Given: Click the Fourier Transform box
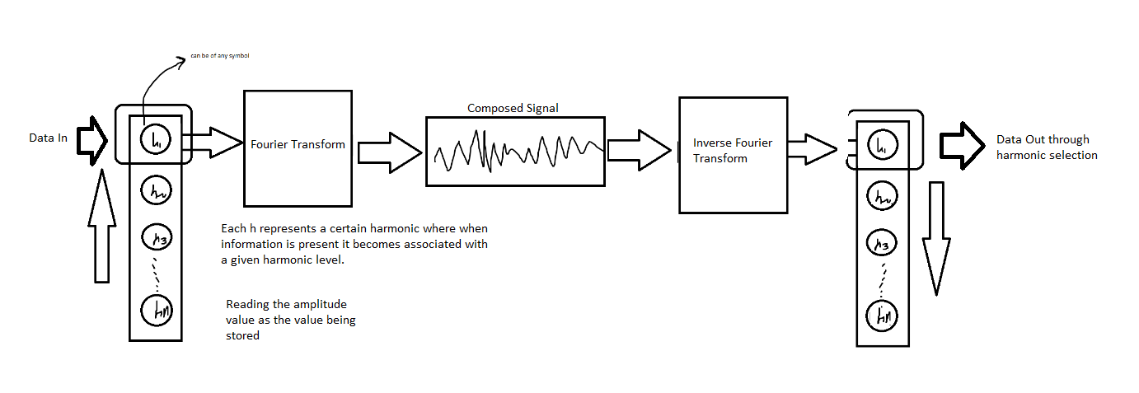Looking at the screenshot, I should coord(298,147).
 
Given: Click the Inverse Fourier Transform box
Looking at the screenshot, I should coord(732,154).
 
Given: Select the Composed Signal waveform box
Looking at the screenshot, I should coord(514,151).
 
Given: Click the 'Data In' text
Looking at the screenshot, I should coord(48,138).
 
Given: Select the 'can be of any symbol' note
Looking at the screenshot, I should coord(219,55).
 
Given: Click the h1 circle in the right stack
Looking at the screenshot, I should coord(882,147).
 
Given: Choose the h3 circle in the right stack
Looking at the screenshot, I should coord(882,244).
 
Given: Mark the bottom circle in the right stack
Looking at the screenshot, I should coord(883,315).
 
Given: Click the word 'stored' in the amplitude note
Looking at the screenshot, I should coord(243,335).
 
